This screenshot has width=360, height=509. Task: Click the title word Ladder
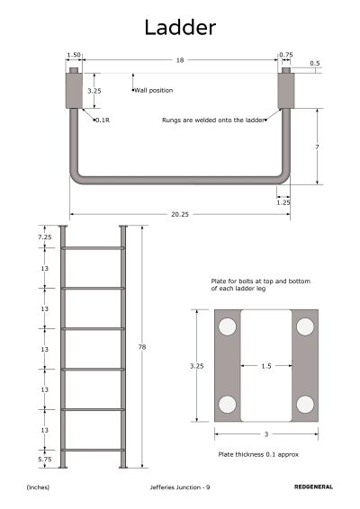pyautogui.click(x=180, y=27)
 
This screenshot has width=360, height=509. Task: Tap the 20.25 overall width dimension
pyautogui.click(x=180, y=214)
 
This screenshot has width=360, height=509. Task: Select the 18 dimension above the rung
pyautogui.click(x=180, y=60)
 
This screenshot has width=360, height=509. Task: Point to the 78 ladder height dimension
pyautogui.click(x=142, y=347)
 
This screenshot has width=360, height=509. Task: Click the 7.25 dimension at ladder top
pyautogui.click(x=44, y=237)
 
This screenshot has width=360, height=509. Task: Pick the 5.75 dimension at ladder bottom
pyautogui.click(x=44, y=460)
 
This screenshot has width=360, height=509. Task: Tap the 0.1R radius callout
pyautogui.click(x=103, y=121)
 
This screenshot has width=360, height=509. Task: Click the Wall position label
pyautogui.click(x=153, y=90)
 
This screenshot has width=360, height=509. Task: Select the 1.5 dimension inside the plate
pyautogui.click(x=266, y=366)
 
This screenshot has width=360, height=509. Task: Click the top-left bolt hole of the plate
pyautogui.click(x=227, y=326)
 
